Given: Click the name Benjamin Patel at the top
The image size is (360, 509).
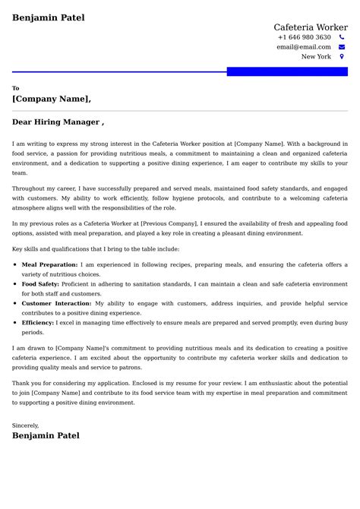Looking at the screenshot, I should coord(49,17).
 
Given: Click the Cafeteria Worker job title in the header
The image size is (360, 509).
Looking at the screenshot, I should coord(311,27).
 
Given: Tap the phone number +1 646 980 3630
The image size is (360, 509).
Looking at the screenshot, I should coord(304,37).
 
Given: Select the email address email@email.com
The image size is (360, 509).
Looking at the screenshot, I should coord(303,46).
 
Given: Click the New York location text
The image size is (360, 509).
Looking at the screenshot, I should coord(316,56).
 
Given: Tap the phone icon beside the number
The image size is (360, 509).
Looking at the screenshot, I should coord(342,37).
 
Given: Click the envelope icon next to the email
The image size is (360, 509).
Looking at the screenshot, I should coord(342,46).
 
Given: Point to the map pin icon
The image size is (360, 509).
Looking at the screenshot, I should coord(342,56).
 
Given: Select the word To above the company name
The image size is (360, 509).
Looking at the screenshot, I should coord(16,88).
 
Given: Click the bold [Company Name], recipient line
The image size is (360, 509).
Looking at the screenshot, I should coord(52,99).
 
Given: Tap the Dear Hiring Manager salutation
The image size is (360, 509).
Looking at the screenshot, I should coord(58,122).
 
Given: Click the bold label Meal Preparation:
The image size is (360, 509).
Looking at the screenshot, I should coord(50,264).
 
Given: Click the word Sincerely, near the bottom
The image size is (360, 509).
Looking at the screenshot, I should coord(25,425).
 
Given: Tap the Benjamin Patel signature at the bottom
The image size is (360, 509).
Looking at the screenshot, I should coord(46,436).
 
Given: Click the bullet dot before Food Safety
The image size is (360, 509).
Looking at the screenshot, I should coord(15,283).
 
